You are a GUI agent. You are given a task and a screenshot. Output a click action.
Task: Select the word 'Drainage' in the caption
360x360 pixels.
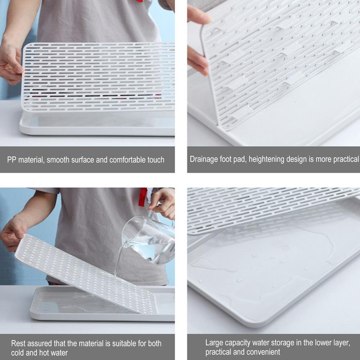(204, 159)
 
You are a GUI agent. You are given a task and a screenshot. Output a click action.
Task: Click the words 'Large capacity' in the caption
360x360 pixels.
(227, 343)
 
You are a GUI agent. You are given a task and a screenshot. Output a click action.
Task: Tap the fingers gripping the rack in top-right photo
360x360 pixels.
(197, 40)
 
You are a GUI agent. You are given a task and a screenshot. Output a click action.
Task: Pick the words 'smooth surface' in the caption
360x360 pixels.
(77, 160)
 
